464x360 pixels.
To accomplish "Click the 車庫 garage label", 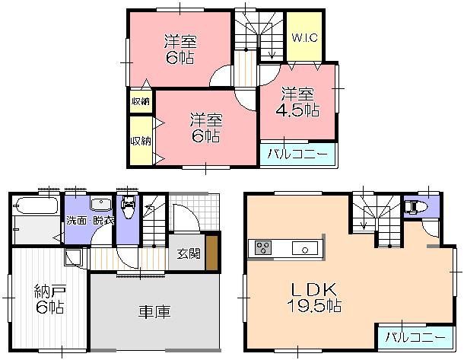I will click(x=154, y=312).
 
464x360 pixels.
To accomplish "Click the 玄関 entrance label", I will click(x=189, y=253).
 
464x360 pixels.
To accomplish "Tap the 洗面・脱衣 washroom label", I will click(x=89, y=221).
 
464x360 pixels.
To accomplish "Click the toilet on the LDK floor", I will click(x=415, y=206).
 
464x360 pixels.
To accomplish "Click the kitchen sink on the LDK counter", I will click(x=307, y=248).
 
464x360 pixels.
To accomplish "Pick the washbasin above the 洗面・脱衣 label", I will click(x=100, y=205).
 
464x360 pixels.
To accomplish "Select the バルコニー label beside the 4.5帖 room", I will click(x=298, y=154).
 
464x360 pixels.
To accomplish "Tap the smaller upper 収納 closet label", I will click(x=140, y=101).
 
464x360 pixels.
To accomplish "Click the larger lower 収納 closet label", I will click(x=140, y=140).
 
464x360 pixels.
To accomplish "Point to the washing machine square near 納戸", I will click(x=73, y=256).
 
